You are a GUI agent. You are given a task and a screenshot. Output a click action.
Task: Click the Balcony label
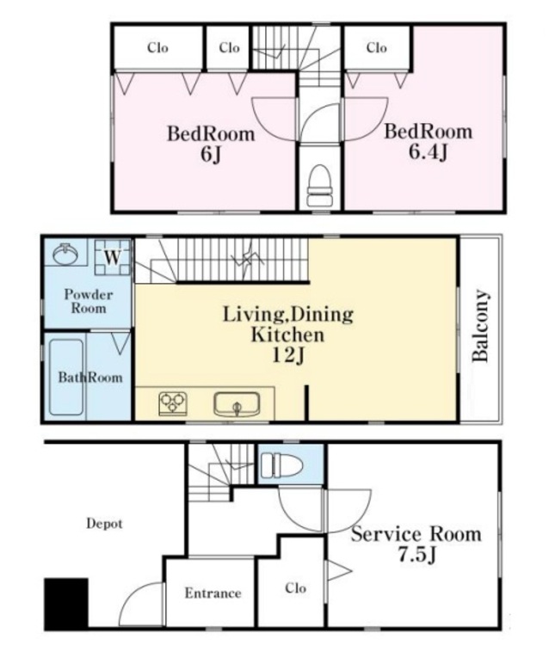(480, 326)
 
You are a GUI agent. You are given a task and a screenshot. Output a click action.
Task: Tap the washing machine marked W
(112, 257)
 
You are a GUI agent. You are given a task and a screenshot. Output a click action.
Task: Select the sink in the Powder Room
(65, 254)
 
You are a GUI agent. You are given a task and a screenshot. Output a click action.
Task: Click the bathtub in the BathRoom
(66, 377)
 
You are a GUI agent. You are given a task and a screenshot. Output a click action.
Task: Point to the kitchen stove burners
(173, 403)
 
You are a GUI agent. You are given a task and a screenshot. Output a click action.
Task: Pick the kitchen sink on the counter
(237, 405)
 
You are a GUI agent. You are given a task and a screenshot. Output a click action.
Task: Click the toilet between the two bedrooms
(319, 185)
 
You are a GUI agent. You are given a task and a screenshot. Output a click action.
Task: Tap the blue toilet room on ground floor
(291, 464)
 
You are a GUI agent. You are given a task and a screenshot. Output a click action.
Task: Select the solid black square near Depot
(66, 603)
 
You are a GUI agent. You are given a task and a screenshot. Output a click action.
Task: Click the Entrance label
(213, 593)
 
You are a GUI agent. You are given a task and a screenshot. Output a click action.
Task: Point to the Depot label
(104, 524)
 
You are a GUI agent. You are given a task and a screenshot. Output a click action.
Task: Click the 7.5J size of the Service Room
(416, 555)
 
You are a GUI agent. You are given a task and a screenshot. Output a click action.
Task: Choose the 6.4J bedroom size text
(428, 152)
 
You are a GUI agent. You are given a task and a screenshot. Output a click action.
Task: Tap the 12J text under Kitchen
(288, 354)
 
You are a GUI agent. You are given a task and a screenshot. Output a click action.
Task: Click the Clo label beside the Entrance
(295, 588)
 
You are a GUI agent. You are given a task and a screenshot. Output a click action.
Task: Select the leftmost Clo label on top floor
(157, 47)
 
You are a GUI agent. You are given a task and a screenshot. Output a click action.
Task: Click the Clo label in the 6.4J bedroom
(376, 47)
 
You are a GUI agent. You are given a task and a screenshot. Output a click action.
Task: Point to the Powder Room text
(89, 301)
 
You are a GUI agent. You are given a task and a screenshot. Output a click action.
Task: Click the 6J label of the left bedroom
(211, 155)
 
